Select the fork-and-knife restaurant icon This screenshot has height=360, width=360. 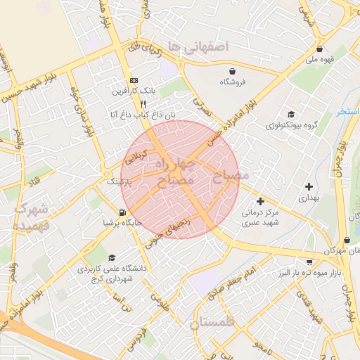[x=143, y=103]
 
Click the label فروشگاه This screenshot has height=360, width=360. [x=233, y=82]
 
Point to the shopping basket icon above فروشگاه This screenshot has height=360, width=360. [x=232, y=70]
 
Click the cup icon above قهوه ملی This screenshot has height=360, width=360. [x=321, y=49]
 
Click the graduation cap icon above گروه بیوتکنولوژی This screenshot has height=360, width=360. [x=290, y=115]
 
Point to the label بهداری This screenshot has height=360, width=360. [x=309, y=198]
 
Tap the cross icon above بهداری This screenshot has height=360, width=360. [x=309, y=186]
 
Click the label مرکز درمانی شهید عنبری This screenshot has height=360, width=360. [x=260, y=217]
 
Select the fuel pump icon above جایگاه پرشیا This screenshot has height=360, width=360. [x=123, y=212]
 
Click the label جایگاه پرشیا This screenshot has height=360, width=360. [x=123, y=224]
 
